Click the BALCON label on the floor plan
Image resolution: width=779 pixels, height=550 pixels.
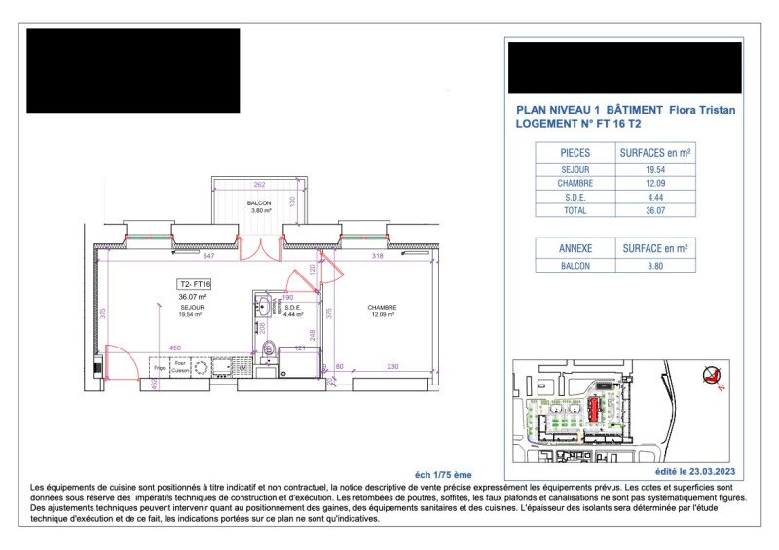[x=258, y=202]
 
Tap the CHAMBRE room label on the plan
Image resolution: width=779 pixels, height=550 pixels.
[x=383, y=308]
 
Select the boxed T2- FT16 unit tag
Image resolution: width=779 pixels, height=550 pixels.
[x=195, y=284]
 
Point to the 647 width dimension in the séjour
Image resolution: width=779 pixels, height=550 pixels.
[x=208, y=256]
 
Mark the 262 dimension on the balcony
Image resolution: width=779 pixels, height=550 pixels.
[x=259, y=184]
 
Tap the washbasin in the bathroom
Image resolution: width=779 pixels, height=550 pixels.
[x=265, y=306]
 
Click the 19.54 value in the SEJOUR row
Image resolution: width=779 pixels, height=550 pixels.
[x=656, y=169]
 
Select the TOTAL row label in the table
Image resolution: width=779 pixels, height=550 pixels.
[x=575, y=209]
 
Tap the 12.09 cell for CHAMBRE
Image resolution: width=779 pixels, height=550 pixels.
[x=656, y=183]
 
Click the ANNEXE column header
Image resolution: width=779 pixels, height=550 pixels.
[x=575, y=248]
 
